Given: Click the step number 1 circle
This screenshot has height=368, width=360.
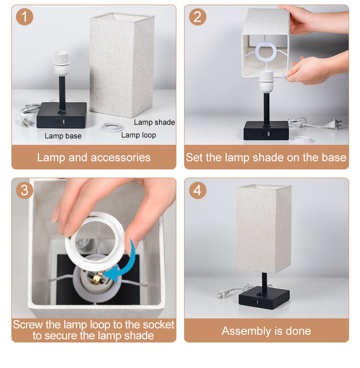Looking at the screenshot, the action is point(25,17).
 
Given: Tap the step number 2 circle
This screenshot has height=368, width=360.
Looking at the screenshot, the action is point(197,17).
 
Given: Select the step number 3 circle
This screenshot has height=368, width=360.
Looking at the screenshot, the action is point(25,190).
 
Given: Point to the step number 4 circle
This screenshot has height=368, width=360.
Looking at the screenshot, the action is point(197,190).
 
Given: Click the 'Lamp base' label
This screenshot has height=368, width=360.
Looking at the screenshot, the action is point(63,136).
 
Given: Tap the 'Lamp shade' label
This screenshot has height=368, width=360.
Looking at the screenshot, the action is point(154,122).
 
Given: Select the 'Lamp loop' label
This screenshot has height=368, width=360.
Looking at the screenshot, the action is point(139,135).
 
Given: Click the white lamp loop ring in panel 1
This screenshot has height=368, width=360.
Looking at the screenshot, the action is point(112,127).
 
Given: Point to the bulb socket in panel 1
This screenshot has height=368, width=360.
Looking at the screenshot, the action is point(62,63).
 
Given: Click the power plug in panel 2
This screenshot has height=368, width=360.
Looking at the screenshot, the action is point(334,124).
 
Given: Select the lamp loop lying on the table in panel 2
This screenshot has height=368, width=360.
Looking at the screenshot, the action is point(303,140).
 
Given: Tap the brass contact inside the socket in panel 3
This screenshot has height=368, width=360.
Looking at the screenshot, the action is point(97,278).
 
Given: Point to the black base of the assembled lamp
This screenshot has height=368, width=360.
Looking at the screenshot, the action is point(264,297).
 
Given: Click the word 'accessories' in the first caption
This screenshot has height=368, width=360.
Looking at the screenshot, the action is point(120,158).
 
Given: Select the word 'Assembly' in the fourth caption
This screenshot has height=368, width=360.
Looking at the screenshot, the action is point(247,332).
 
